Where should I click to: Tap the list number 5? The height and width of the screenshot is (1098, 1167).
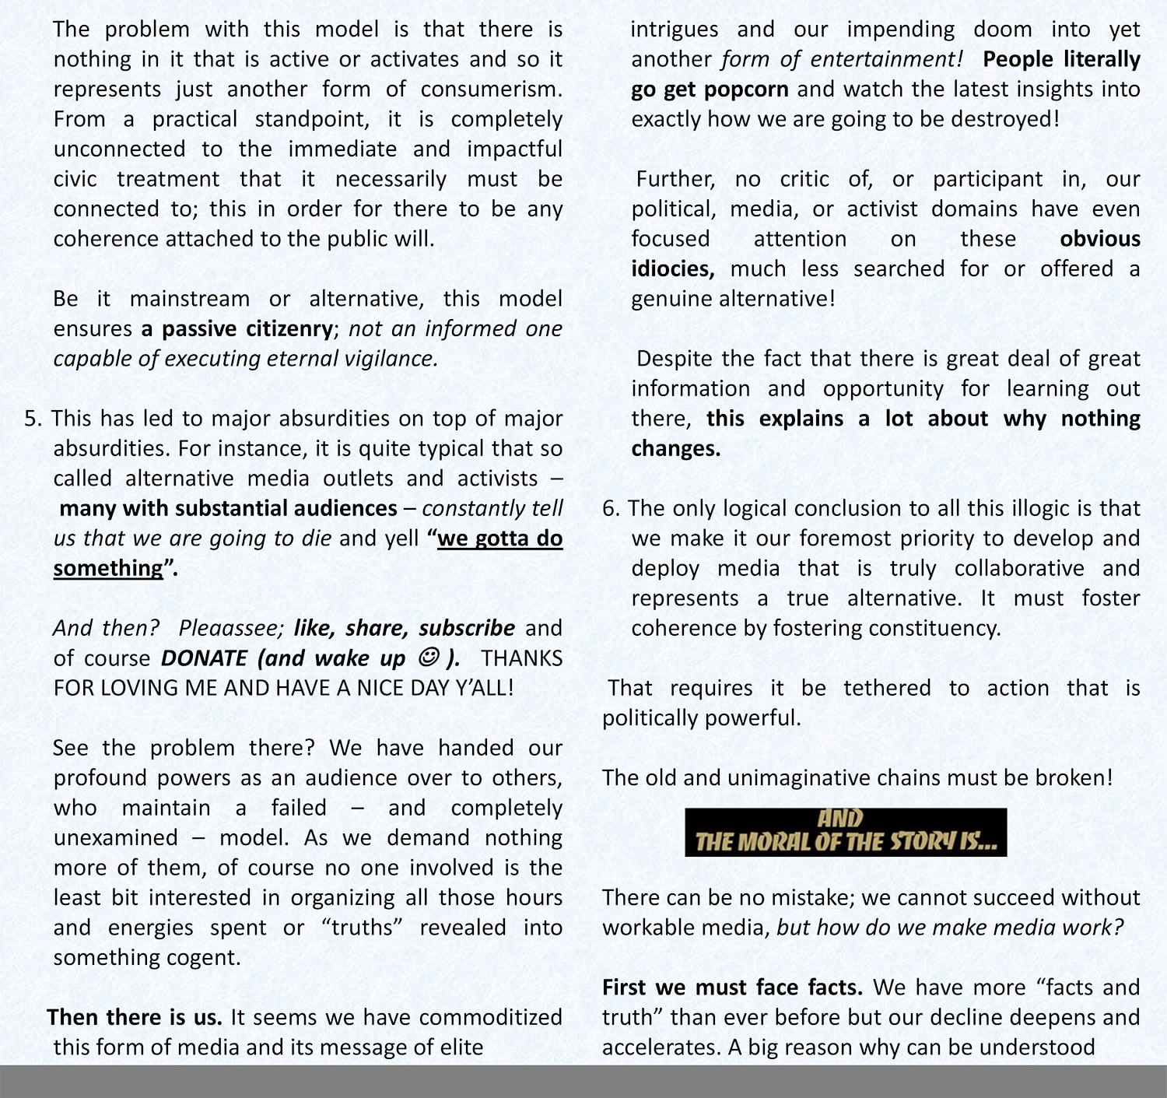pos(31,419)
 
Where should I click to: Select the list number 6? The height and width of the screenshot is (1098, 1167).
pos(610,509)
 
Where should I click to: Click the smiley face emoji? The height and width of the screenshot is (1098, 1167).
pos(429,658)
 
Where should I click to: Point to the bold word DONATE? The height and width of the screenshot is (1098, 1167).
pos(204,658)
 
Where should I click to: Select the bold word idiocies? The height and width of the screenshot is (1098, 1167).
pos(672,269)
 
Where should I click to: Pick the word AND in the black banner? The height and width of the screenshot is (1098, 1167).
pos(840,819)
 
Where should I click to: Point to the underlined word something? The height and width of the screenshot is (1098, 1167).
pos(108,569)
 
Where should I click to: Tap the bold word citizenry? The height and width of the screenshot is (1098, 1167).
pos(289,329)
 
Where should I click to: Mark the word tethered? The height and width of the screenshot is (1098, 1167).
pos(887,689)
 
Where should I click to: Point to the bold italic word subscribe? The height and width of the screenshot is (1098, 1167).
pos(467,629)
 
